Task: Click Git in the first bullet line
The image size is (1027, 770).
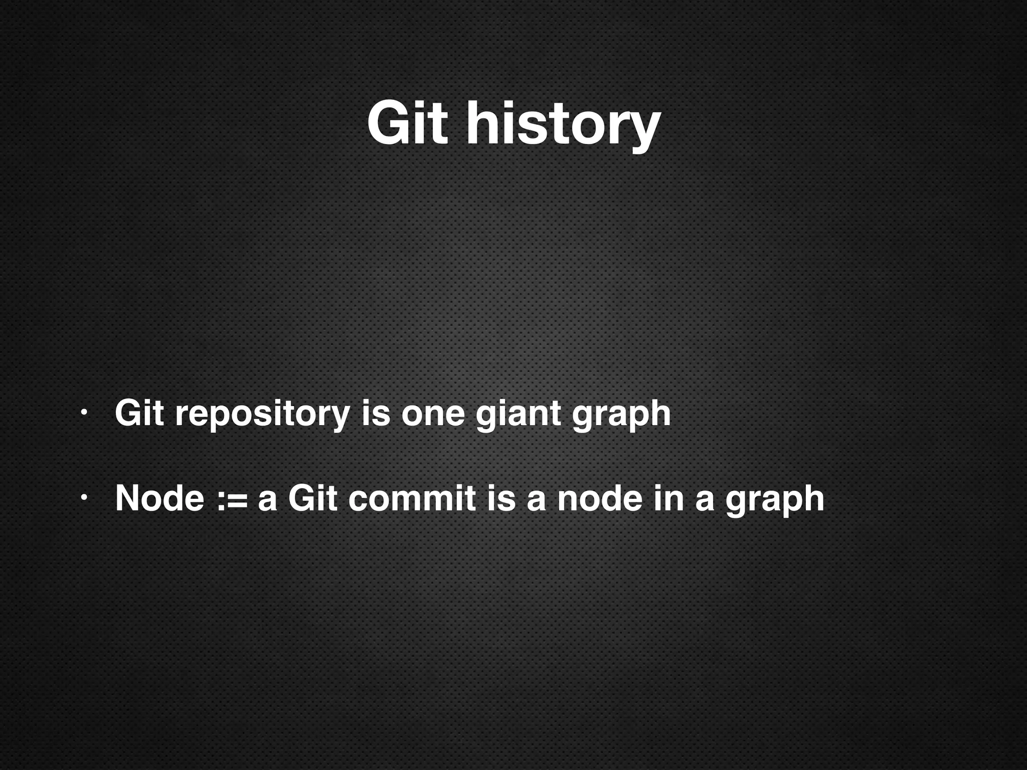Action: [x=139, y=414]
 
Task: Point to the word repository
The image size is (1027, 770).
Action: [x=262, y=415]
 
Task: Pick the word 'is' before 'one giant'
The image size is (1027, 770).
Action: [x=375, y=414]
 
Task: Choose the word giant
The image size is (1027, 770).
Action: [x=518, y=415]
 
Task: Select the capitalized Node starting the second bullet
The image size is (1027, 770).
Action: [x=159, y=499]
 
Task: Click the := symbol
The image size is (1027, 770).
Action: [x=232, y=500]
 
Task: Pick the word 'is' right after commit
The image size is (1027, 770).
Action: [x=501, y=499]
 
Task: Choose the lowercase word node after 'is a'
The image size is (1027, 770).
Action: [x=600, y=499]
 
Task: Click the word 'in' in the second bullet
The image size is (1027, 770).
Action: [x=668, y=499]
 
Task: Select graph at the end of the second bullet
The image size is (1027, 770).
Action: [x=774, y=501]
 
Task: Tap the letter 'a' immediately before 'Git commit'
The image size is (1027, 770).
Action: [x=267, y=500]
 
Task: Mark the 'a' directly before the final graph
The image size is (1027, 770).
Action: [x=705, y=500]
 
